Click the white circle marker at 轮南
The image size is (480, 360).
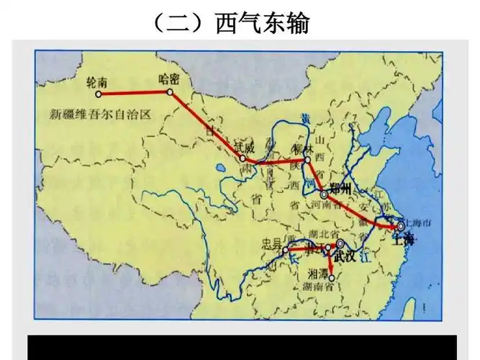pyautogui.click(x=107, y=94)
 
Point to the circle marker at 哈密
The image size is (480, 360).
pyautogui.click(x=170, y=92)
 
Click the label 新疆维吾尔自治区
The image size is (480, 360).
pyautogui.click(x=99, y=114)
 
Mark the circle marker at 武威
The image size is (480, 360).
pyautogui.click(x=243, y=158)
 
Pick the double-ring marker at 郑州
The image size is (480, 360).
pyautogui.click(x=324, y=194)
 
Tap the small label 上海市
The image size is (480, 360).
pyautogui.click(x=418, y=224)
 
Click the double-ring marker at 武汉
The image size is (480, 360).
pyautogui.click(x=340, y=244)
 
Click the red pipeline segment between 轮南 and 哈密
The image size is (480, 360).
pyautogui.click(x=138, y=94)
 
